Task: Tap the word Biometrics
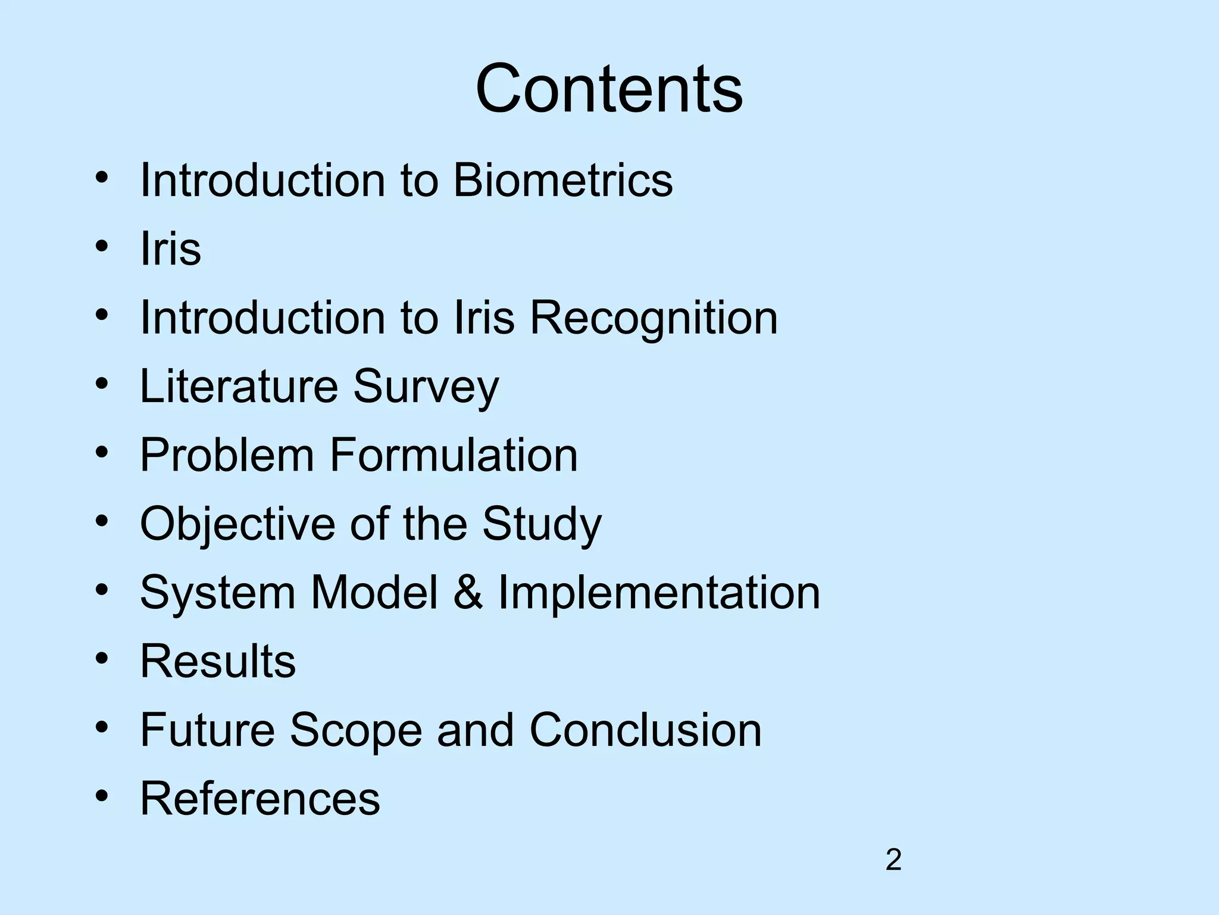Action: point(562,180)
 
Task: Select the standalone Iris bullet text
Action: point(170,249)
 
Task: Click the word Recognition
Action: point(654,318)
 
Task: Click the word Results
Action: point(218,661)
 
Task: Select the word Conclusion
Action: point(645,730)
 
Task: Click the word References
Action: point(260,799)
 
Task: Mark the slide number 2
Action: point(893,860)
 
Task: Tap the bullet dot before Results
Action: point(102,659)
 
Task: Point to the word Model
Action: point(374,593)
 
